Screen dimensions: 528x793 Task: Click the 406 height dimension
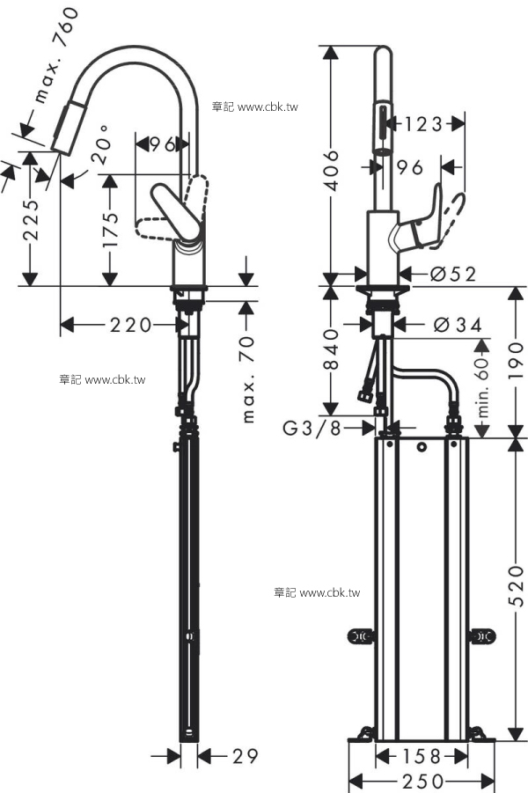332,170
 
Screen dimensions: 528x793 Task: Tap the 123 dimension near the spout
423,124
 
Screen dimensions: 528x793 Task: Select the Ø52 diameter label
453,274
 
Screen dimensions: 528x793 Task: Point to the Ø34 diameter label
458,325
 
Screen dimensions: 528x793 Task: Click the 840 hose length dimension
331,349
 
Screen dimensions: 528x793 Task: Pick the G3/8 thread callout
312,429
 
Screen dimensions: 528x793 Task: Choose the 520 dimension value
516,586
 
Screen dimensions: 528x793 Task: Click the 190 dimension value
516,361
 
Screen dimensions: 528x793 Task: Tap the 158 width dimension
422,757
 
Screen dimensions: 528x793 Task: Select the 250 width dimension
422,782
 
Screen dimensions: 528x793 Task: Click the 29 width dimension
246,756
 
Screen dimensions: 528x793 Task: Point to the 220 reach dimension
130,325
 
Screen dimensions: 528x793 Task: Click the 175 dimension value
110,230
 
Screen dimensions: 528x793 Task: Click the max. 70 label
248,380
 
